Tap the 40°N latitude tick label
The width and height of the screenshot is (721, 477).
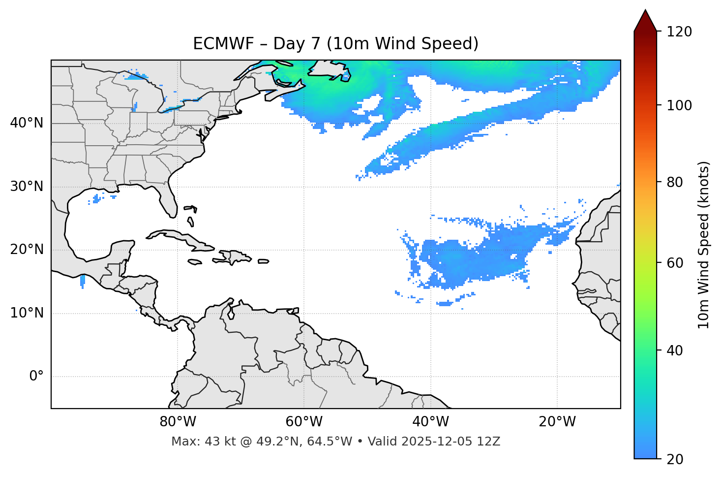[x=27, y=123]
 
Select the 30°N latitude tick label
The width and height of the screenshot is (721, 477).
[x=27, y=187]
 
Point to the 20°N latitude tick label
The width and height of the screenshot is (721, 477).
[x=27, y=250]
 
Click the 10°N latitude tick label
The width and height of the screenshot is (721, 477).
[x=27, y=313]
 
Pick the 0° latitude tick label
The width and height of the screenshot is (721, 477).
[x=36, y=377]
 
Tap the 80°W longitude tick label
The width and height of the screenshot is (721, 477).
[x=178, y=422]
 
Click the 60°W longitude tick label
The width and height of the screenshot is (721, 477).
[x=304, y=422]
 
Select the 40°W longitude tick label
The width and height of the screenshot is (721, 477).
[x=430, y=422]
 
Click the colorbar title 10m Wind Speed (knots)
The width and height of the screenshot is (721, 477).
[x=704, y=245]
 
